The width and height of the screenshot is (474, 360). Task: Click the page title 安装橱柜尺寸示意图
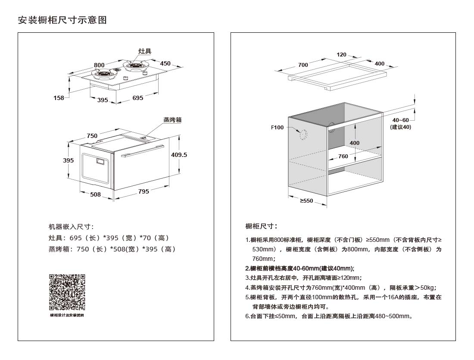pos(62,20)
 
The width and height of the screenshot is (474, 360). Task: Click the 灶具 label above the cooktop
pos(145,51)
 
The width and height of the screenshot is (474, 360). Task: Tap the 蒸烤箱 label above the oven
pos(172,120)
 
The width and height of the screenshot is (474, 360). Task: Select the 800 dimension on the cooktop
pos(99,65)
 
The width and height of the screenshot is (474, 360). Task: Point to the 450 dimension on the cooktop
pos(165,63)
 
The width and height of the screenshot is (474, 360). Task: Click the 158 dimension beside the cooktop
pos(59,98)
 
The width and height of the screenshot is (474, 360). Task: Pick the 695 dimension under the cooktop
pos(137,98)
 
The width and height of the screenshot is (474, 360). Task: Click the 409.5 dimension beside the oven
pos(179,154)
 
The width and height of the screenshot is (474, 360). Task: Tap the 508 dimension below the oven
pos(95,194)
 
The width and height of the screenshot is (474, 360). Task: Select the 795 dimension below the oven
pos(144,191)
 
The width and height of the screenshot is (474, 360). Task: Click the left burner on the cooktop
pos(105,74)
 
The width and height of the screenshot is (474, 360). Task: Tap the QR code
pos(67,292)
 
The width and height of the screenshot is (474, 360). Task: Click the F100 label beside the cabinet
pos(277,127)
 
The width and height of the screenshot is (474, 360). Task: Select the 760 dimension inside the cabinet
pos(343,156)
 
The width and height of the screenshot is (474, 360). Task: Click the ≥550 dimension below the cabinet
pos(306,201)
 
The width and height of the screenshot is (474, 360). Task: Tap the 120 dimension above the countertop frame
pos(341,55)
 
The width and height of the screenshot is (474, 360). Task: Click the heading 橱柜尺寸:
pos(261,226)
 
